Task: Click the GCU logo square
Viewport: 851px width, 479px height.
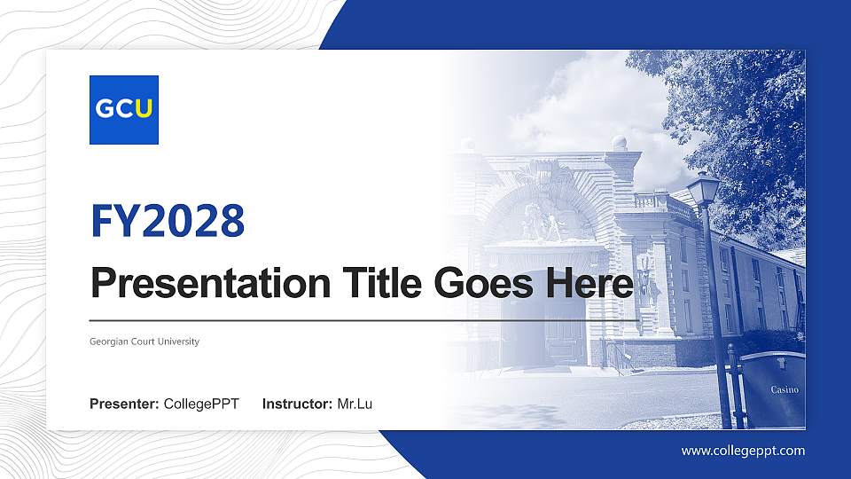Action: point(124,110)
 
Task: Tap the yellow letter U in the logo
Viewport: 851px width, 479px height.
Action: point(144,109)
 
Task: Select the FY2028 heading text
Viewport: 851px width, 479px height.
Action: point(168,220)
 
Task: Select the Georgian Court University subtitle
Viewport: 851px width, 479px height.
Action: point(144,342)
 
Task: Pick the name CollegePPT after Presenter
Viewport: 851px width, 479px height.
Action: point(201,404)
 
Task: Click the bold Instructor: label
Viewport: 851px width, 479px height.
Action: point(298,404)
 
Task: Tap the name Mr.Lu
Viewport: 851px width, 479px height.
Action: point(355,404)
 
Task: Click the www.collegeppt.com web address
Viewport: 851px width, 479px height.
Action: point(743,451)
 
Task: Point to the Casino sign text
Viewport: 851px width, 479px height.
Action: point(785,389)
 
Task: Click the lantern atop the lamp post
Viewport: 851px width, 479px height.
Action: point(704,188)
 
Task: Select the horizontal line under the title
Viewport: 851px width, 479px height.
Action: point(363,319)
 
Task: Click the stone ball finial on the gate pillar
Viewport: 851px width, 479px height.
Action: point(620,143)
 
